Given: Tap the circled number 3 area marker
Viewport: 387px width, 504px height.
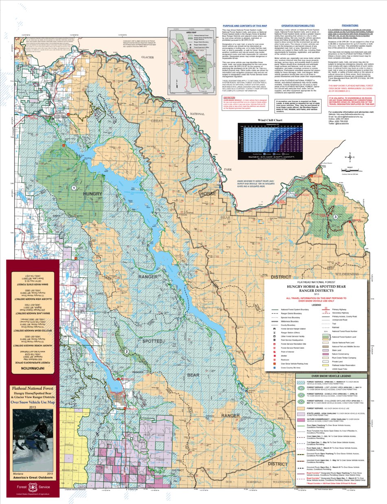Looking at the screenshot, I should tap(335, 217).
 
